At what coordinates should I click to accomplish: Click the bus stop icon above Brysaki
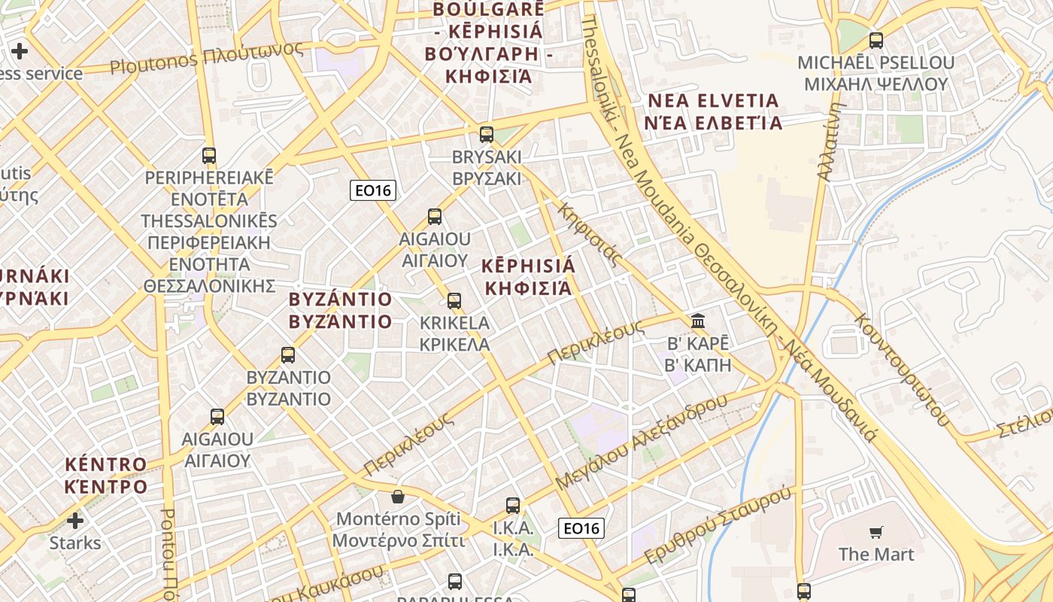coord(487,135)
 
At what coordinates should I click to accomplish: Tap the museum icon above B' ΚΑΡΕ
coord(698,321)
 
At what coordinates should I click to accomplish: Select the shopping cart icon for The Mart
coord(876,533)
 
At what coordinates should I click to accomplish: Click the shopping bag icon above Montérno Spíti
coord(398,497)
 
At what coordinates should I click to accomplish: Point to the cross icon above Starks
coord(75,520)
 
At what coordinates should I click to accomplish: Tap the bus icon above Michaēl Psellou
coord(876,40)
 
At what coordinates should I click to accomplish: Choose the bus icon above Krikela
coord(454,301)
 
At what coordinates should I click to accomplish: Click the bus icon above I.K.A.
coord(513,505)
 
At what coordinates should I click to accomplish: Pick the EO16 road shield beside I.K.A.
coord(582,528)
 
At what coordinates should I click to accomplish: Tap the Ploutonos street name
coord(207,59)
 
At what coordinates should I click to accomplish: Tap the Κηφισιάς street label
coord(590,234)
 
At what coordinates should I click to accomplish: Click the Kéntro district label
coord(105,475)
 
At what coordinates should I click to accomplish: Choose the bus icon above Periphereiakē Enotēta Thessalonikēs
coord(209,156)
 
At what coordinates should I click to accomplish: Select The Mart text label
coord(876,555)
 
